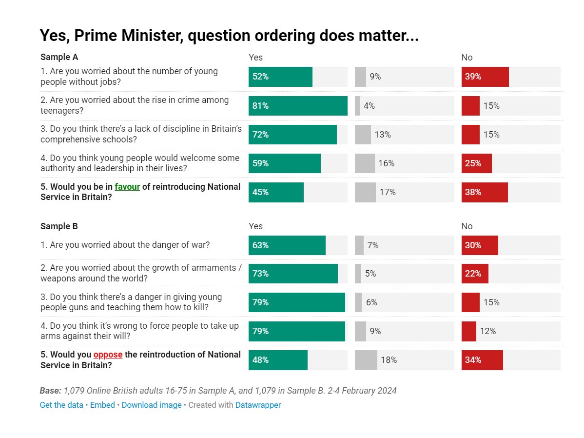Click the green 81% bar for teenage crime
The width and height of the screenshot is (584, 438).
pos(298,106)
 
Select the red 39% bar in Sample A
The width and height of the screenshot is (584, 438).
pos(485,77)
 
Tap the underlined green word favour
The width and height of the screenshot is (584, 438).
pos(127,187)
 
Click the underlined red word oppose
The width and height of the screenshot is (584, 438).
pos(108,355)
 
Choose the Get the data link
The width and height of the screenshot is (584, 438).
pos(61,405)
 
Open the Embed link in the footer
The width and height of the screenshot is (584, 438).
pos(102,405)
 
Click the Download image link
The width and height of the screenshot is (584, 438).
pos(151,405)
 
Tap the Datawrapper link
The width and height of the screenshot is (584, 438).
pos(258,405)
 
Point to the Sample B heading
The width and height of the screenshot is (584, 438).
pos(59,226)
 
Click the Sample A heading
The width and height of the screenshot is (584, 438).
pos(59,58)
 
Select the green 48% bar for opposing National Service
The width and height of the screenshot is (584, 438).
pos(278,360)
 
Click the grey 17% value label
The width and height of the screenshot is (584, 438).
pos(388,192)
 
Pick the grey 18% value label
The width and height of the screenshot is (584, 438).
pos(389,360)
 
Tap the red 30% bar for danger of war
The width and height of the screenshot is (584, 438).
pos(480,245)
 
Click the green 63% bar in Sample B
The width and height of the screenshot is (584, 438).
pos(287,245)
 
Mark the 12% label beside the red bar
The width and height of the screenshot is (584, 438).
pos(487,331)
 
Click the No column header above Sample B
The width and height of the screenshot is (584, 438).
pos(467,226)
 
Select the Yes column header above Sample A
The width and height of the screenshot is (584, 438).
pos(255,58)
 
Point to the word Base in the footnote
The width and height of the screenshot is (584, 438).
pos(50,391)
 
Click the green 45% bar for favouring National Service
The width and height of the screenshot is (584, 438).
pos(276,192)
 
